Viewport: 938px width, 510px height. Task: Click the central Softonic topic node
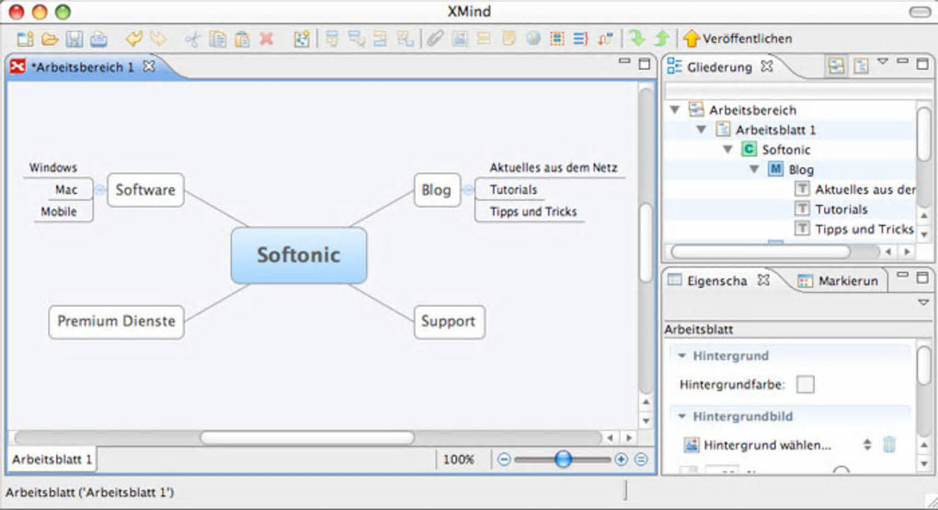coord(299,255)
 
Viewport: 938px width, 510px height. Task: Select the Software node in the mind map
coord(145,190)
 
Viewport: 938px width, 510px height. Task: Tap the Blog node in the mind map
coord(437,190)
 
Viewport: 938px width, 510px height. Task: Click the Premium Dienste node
coord(116,322)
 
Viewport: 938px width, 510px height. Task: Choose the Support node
coord(449,322)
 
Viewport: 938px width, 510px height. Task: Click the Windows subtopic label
coord(53,167)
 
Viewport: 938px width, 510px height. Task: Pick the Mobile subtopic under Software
coord(59,211)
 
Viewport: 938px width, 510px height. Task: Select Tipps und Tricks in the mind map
coord(533,211)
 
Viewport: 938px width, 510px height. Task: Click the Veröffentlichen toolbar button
coord(738,39)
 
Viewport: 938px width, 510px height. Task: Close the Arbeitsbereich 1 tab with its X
coord(149,66)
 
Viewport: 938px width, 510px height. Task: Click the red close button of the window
coord(17,11)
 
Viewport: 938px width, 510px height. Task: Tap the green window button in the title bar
coord(63,11)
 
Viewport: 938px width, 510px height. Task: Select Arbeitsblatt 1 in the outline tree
coord(775,130)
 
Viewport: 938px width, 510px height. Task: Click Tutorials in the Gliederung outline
coord(841,210)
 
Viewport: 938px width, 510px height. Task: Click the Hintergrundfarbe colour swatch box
coord(806,384)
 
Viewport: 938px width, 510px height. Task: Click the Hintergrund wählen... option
coord(767,445)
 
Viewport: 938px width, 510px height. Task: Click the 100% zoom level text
coord(458,459)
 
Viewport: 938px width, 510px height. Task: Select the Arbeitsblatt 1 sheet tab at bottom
coord(52,459)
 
